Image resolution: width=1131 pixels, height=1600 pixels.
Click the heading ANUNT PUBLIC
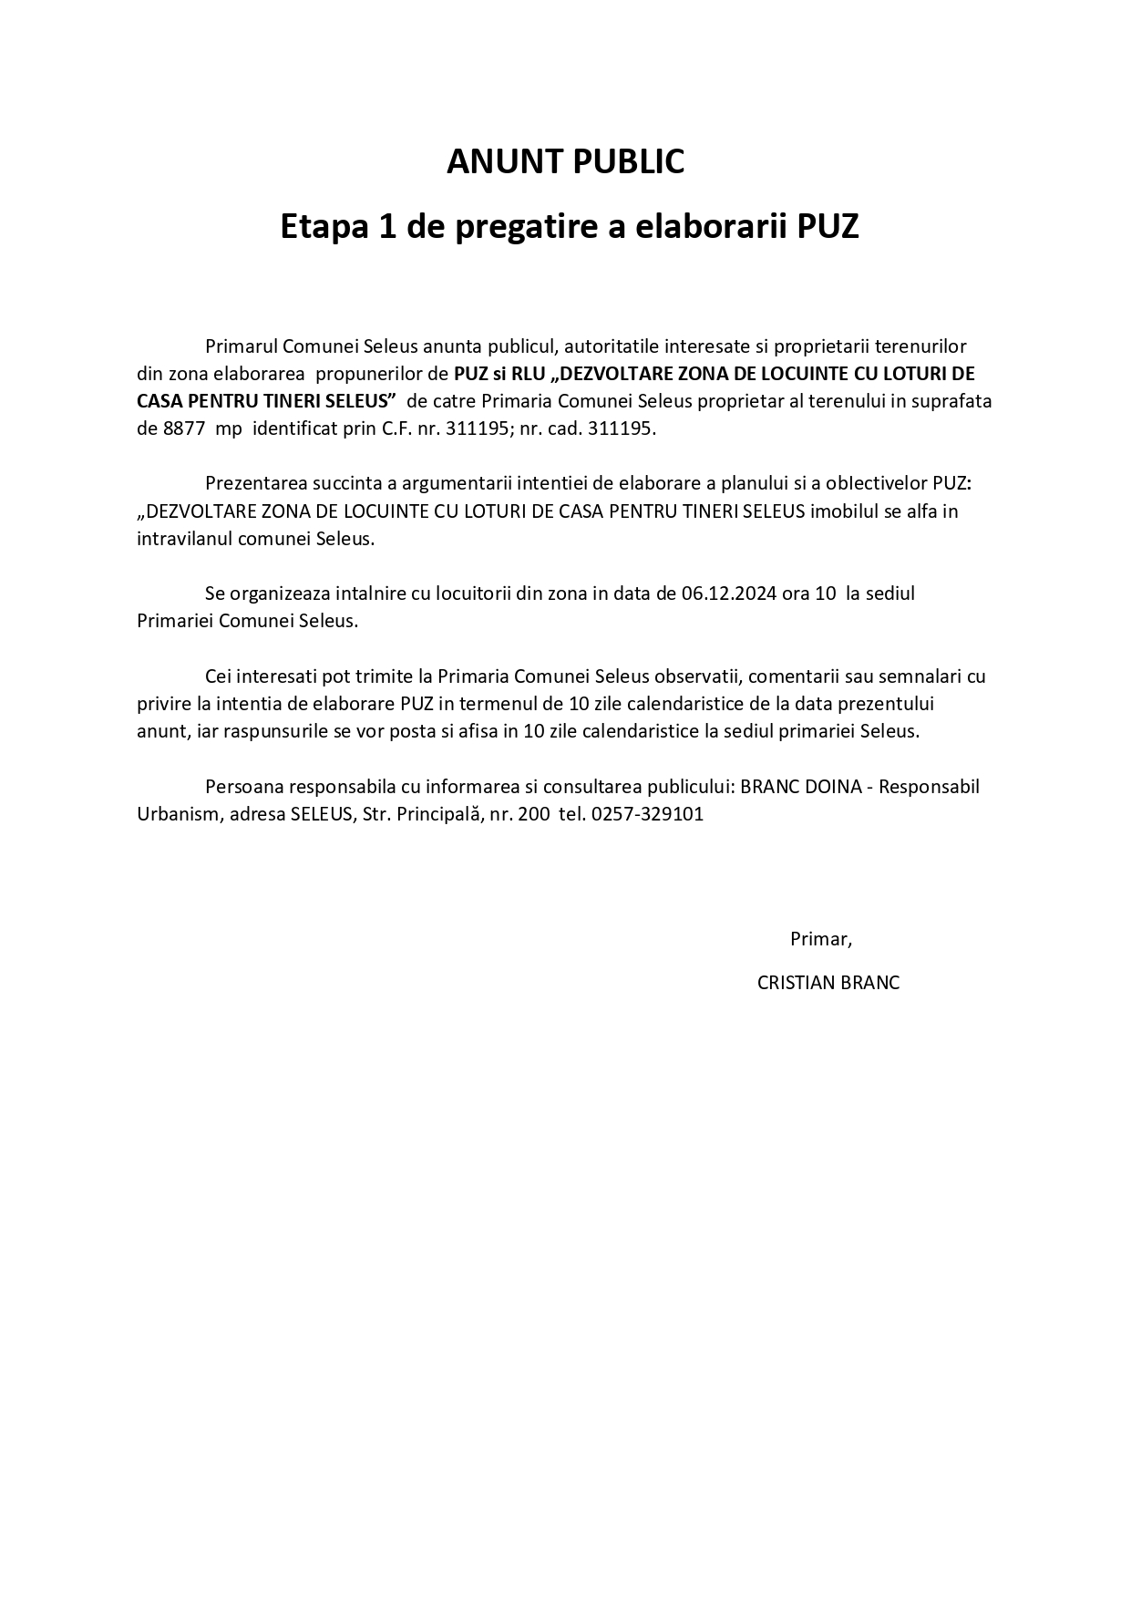point(565,161)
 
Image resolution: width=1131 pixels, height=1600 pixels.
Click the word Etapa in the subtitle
point(321,226)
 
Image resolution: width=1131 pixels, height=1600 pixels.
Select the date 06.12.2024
point(729,594)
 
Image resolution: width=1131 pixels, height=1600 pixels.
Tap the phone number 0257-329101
point(647,814)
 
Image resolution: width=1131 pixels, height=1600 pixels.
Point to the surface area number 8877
point(183,428)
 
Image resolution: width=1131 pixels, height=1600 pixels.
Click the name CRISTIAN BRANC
point(828,983)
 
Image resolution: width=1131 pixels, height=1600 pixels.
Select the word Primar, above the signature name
point(820,938)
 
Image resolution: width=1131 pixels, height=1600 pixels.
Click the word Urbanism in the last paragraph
point(177,814)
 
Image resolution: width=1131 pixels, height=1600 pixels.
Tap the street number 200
point(533,814)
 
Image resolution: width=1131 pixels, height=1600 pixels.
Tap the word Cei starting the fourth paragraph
point(221,676)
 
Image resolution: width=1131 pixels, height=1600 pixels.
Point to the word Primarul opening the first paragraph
point(242,346)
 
